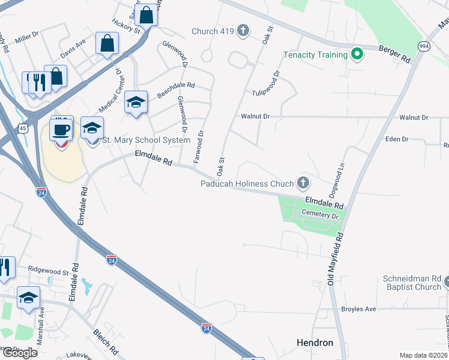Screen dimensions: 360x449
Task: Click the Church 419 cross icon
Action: pos(243,31)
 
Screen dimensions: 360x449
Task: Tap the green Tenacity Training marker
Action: pos(357,55)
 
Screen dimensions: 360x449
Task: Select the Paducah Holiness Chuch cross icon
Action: pos(304,183)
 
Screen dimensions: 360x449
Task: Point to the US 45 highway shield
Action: pos(22,128)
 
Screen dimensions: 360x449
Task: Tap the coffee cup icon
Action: pos(61,128)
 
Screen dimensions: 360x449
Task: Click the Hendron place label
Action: pos(315,343)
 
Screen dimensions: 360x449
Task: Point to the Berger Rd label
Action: pos(394,54)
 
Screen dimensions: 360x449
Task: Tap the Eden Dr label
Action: pos(397,139)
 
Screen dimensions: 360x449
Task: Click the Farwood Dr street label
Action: pos(198,146)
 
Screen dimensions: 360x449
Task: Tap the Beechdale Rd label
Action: pos(176,90)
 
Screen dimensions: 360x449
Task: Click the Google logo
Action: pos(19,352)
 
